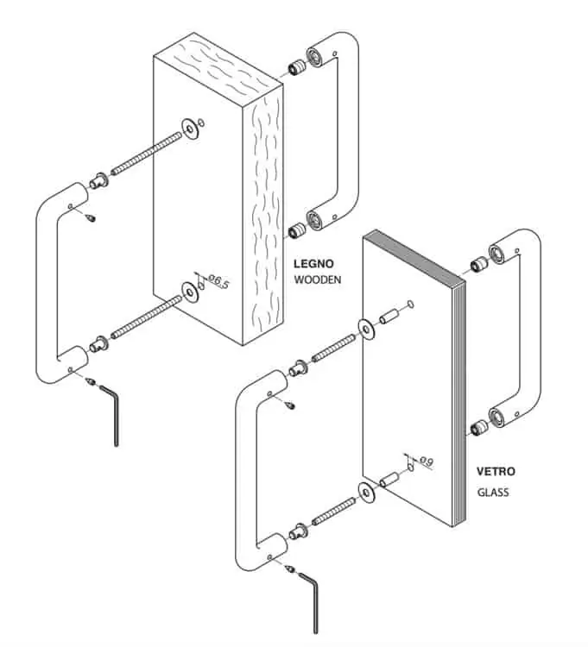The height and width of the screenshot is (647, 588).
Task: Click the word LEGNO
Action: (x=313, y=264)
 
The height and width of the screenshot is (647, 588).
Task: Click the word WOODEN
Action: (x=318, y=280)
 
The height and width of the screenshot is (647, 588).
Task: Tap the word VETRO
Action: (x=496, y=471)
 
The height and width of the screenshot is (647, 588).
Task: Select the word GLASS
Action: (x=493, y=493)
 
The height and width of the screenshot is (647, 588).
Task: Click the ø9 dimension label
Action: (x=427, y=461)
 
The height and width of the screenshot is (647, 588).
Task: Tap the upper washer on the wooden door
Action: (x=190, y=129)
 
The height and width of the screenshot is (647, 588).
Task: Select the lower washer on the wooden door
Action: (x=190, y=292)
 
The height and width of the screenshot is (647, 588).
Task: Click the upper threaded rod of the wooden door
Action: (x=146, y=153)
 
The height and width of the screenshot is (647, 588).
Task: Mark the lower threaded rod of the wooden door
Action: (x=146, y=317)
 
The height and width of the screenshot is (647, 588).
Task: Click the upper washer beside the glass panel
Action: (x=366, y=329)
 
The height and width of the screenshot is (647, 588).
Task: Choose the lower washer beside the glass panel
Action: (x=366, y=492)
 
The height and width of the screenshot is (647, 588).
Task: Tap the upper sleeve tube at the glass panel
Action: (x=389, y=317)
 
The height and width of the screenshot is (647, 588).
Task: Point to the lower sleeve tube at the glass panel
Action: (x=389, y=480)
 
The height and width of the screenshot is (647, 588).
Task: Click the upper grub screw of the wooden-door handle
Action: (x=92, y=217)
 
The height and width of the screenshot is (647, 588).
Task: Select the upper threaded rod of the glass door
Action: (x=333, y=349)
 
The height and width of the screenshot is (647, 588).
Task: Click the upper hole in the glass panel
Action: (x=410, y=305)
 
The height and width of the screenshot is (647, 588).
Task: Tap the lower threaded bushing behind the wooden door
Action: (x=297, y=230)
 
